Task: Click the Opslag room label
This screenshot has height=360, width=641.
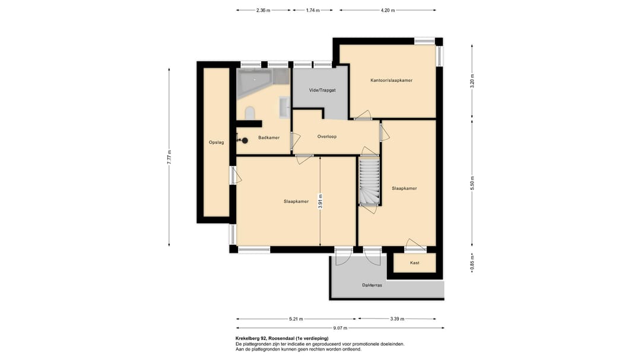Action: [x=216, y=142]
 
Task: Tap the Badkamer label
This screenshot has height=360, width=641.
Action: [x=269, y=138]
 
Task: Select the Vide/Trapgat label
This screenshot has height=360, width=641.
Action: [x=322, y=90]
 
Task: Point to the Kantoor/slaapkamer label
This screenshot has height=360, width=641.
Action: [x=391, y=81]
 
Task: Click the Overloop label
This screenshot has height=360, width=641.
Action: [x=327, y=136]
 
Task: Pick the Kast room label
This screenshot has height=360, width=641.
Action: [x=414, y=263]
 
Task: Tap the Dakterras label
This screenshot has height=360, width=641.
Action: [x=372, y=285]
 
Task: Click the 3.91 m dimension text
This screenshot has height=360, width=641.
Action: [x=320, y=202]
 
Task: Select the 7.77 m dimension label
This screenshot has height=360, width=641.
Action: [x=169, y=157]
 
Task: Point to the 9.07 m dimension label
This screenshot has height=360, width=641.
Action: [x=340, y=328]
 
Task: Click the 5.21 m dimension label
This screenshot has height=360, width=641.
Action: [x=296, y=319]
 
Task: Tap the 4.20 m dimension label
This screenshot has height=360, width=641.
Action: [x=388, y=11]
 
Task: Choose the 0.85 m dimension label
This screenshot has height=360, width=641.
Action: [x=472, y=263]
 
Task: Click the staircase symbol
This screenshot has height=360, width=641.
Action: [x=370, y=181]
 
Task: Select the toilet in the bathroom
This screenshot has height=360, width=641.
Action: [x=250, y=113]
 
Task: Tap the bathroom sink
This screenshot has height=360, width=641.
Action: [x=284, y=107]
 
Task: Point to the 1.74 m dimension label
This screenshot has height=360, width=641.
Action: [x=313, y=11]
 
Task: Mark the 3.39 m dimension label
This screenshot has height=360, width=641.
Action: [x=397, y=319]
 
